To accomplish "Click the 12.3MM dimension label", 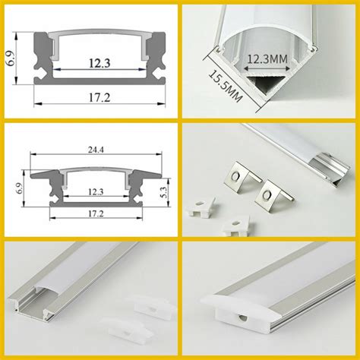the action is point(267,59).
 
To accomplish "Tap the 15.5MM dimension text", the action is point(226,86).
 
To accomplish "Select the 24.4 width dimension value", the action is point(96,150).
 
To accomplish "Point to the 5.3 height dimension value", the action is point(164,193).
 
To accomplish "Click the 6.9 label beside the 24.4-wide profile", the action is point(19,188).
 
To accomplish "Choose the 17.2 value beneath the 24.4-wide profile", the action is point(96,213).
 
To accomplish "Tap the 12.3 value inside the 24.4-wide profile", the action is point(96,192).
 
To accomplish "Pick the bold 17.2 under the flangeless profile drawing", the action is point(99,97).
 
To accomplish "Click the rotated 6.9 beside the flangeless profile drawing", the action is point(11,59).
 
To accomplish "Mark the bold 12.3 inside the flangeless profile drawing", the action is point(99,63).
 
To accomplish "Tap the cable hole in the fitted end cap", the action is point(243,317).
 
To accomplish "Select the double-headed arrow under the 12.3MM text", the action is point(267,68).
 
